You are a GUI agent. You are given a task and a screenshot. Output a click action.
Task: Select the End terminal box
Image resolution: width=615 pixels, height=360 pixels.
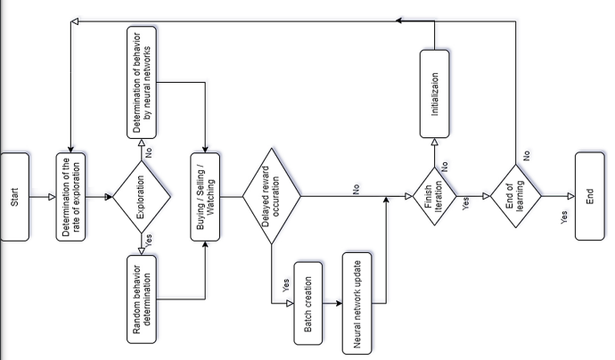click(594, 196)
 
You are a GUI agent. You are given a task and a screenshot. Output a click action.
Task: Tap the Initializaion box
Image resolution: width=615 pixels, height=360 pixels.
click(435, 93)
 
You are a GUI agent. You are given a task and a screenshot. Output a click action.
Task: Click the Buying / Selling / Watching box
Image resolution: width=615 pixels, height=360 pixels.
click(206, 196)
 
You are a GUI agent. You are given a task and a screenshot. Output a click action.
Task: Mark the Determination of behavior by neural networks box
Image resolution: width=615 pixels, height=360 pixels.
click(143, 81)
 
